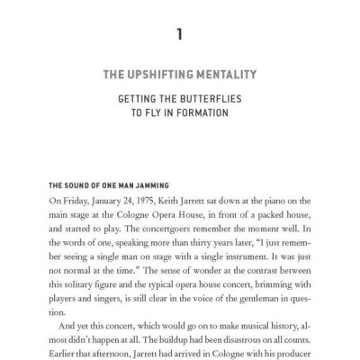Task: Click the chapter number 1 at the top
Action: pyautogui.click(x=180, y=35)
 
